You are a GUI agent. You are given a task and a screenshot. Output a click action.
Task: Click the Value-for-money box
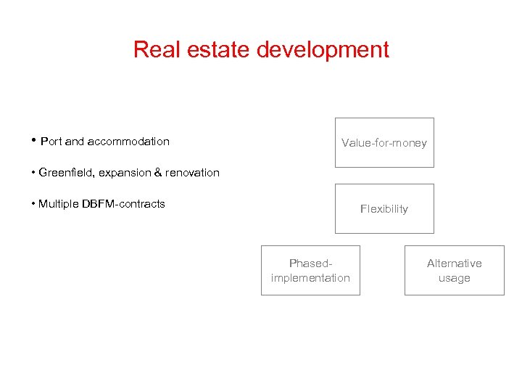click(384, 143)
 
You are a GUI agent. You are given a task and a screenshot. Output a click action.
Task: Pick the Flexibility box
click(384, 209)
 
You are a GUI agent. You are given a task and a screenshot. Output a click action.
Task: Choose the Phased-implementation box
click(310, 271)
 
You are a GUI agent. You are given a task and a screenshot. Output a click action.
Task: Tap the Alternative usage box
click(454, 271)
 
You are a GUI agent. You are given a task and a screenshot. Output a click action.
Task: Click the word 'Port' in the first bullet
click(51, 142)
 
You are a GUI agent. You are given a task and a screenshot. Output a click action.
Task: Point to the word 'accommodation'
click(128, 142)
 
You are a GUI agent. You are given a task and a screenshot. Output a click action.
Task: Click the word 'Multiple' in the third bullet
click(59, 204)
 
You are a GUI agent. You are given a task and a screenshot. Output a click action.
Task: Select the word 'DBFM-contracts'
click(124, 204)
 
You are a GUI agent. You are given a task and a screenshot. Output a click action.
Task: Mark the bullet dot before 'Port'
click(34, 140)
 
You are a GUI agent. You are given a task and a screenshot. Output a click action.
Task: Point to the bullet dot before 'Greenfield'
click(33, 172)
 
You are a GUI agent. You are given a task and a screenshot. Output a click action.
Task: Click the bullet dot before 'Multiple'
click(33, 203)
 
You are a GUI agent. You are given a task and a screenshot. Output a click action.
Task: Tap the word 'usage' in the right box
click(455, 278)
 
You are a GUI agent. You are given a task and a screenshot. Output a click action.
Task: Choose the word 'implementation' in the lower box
click(310, 278)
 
